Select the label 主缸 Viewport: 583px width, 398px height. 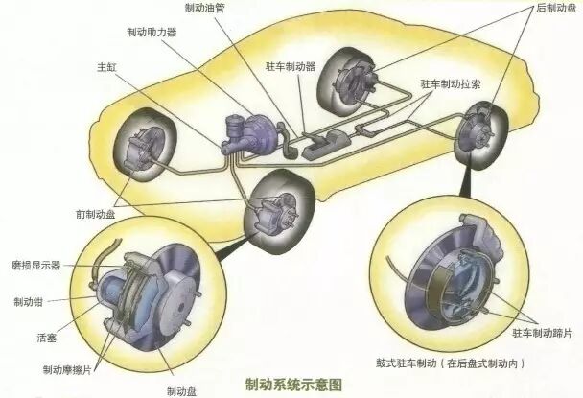coord(105,68)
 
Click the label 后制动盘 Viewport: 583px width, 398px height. coord(554,8)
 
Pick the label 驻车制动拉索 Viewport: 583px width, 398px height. coord(450,84)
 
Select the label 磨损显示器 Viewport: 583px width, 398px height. coord(35,264)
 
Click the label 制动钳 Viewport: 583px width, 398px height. coord(28,301)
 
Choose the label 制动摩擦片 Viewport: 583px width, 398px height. coord(66,367)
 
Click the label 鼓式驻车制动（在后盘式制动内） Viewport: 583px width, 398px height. coord(451,363)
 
